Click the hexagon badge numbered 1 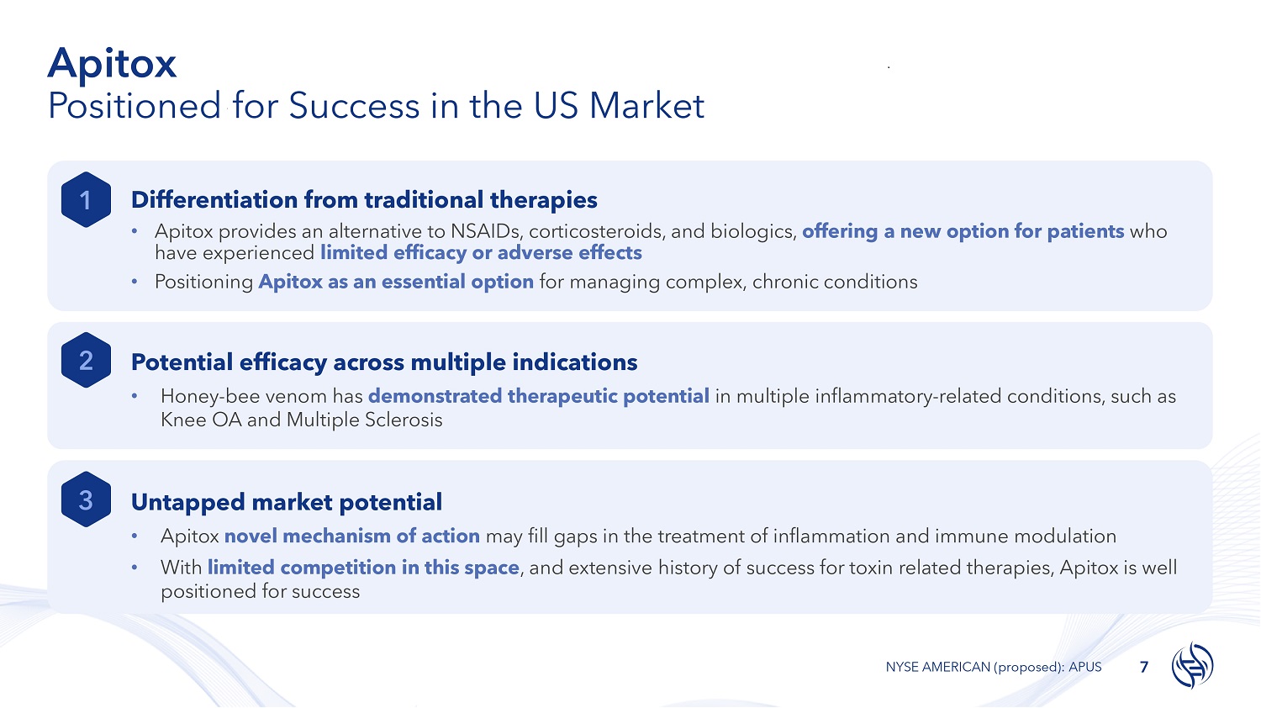click(86, 200)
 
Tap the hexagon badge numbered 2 click(86, 360)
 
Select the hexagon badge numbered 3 click(86, 499)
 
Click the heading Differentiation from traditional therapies click(364, 200)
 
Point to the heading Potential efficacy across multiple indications click(384, 362)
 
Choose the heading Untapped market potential click(287, 502)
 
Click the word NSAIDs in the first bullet click(487, 231)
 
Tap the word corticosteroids click(596, 231)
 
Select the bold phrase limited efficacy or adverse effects click(482, 253)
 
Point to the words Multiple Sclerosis click(364, 420)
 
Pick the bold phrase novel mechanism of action click(352, 536)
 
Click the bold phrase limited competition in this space click(363, 568)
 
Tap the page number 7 click(1144, 667)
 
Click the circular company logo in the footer click(1192, 665)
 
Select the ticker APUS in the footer click(1084, 667)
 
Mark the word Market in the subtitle click(646, 106)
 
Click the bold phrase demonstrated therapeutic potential click(539, 397)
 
